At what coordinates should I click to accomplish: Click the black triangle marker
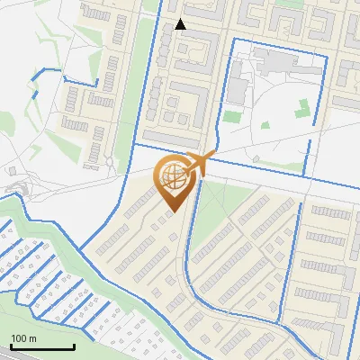click(x=181, y=24)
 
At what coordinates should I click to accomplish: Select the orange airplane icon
click(x=202, y=162)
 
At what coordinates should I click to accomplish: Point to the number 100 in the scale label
click(x=19, y=338)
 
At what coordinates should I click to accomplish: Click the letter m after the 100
click(x=32, y=338)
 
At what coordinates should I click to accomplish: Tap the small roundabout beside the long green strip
click(x=110, y=163)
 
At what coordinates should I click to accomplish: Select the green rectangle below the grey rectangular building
click(x=232, y=116)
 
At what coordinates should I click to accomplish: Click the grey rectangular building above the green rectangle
click(x=237, y=90)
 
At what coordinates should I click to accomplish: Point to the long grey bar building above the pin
click(x=172, y=139)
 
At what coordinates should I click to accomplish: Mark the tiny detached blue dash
click(x=35, y=91)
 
